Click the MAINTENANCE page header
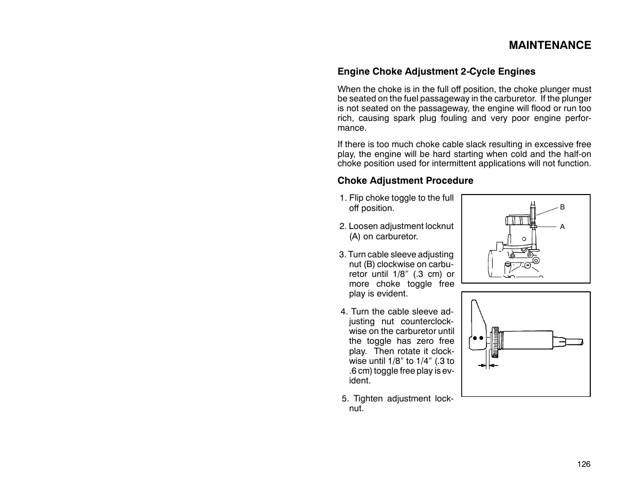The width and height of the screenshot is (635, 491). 550,45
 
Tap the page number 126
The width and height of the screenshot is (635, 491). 584,464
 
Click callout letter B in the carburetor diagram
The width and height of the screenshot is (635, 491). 562,207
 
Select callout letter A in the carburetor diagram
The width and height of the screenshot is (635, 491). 562,226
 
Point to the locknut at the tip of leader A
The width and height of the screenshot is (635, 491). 535,225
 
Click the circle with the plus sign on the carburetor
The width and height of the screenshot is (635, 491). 528,265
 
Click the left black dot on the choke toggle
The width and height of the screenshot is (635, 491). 475,339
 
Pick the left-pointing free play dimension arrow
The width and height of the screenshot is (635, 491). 493,365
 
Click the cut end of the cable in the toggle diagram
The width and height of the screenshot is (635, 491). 582,341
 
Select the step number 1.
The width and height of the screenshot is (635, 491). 342,198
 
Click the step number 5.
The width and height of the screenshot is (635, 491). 344,399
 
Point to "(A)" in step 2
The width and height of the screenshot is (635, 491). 355,237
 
